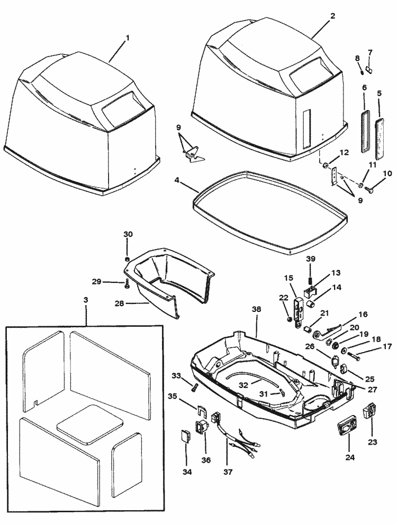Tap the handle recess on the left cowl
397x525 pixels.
tap(122, 112)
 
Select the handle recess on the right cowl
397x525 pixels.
tap(309, 76)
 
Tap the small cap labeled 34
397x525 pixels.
tap(185, 437)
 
